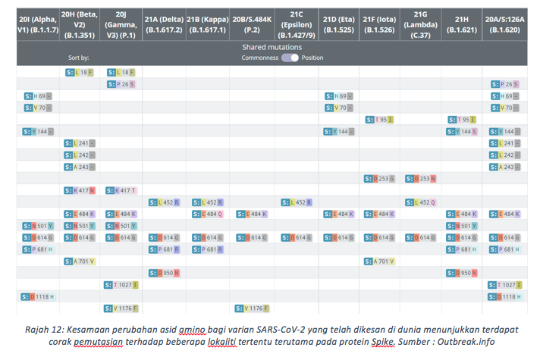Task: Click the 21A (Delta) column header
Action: coord(163,25)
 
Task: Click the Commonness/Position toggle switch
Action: coord(290,58)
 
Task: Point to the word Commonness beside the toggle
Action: coord(259,58)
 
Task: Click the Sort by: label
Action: coord(78,58)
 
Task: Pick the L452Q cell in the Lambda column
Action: coord(421,202)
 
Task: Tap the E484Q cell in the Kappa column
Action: coord(206,214)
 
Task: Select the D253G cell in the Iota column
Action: coord(379,179)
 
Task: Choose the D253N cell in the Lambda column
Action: coord(421,179)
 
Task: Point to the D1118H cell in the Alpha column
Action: coord(38,296)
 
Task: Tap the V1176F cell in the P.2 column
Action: coord(250,308)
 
